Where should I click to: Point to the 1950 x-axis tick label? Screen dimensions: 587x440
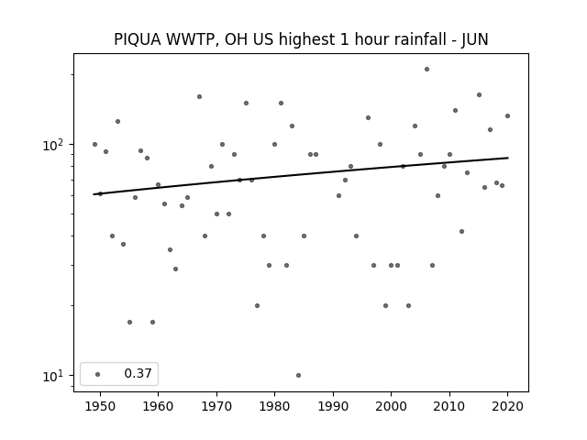[x=100, y=406]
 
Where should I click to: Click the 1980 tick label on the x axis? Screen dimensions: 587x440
[x=274, y=406]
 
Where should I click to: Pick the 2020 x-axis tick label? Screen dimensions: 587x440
[x=507, y=406]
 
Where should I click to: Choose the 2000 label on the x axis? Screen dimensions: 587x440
[x=392, y=406]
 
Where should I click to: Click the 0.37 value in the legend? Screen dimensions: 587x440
[x=138, y=373]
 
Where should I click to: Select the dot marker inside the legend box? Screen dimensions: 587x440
[x=98, y=374]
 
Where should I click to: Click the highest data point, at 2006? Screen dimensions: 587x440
[x=426, y=70]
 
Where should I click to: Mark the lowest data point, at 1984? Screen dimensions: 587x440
[x=298, y=375]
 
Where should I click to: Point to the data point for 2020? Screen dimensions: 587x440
[x=507, y=116]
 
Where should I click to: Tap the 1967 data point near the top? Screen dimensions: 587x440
[x=200, y=96]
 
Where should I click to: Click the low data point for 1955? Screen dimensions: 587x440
[x=129, y=322]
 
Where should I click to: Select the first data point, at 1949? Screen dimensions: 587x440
[x=94, y=145]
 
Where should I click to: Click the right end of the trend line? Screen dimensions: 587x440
[x=508, y=158]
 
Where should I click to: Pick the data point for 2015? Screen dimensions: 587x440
[x=479, y=95]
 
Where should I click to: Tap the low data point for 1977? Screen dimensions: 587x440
[x=257, y=305]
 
